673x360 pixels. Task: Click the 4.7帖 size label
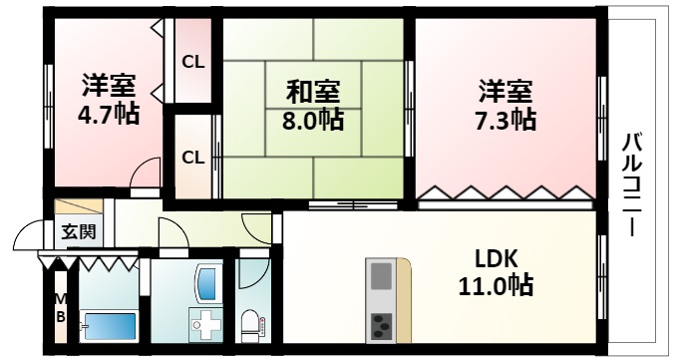(107, 113)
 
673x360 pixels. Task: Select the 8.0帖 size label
(314, 122)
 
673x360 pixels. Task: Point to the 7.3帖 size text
(505, 120)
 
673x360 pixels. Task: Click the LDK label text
(497, 257)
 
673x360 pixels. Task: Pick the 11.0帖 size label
(497, 286)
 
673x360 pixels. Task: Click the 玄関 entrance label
(78, 232)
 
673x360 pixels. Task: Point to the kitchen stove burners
(382, 324)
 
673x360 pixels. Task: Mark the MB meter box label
(59, 308)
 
